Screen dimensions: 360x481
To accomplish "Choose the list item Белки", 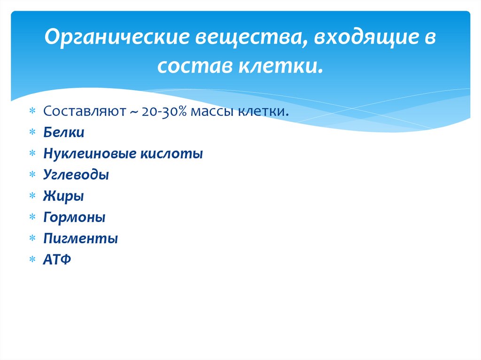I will pos(64,133).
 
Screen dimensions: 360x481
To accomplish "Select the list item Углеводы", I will pos(76,175).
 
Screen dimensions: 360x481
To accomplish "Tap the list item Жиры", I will pos(63,196).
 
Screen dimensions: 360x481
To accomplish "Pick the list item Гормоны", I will pos(74,217).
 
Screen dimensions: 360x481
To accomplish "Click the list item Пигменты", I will pos(80,238).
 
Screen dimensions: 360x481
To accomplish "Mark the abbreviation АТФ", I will pos(57,260).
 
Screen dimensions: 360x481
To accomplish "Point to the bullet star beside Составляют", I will pos(32,112).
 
